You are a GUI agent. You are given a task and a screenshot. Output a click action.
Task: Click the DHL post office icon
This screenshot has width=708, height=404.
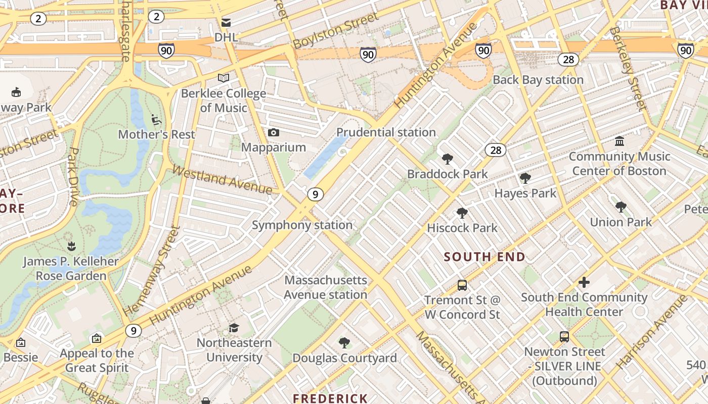[226, 22]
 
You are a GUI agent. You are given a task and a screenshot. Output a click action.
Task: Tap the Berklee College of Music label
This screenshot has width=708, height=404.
[224, 100]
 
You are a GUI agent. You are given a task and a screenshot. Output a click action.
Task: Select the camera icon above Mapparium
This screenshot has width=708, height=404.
[274, 133]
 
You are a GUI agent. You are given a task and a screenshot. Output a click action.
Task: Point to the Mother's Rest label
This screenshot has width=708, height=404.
[156, 134]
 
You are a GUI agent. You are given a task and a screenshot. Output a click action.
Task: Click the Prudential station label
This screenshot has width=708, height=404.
[385, 132]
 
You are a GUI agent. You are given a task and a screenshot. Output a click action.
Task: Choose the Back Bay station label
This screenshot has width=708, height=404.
[538, 80]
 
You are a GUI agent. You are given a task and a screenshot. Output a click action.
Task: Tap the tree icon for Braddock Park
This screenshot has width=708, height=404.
[447, 160]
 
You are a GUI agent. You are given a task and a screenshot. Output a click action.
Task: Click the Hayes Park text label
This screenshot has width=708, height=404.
[525, 193]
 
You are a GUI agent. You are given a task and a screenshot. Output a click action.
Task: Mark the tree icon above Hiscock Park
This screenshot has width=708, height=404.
[462, 213]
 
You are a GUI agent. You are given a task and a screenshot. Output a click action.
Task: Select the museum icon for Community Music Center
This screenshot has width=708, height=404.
[619, 141]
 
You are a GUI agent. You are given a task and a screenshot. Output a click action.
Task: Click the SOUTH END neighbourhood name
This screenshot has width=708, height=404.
[484, 257]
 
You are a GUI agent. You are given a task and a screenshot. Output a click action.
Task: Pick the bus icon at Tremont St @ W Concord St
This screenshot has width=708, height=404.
[462, 285]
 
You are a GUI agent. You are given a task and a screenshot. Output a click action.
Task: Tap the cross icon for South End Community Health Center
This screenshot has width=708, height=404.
[584, 282]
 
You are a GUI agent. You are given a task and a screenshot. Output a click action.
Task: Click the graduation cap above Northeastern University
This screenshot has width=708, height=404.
[234, 328]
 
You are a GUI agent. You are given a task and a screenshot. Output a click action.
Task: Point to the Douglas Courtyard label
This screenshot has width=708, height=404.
[344, 358]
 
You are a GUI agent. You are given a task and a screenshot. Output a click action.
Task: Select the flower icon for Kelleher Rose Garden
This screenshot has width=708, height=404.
[71, 246]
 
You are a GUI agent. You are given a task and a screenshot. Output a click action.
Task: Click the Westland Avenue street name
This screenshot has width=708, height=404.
[223, 180]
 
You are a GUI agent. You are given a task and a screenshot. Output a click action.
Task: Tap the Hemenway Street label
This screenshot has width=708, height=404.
[152, 271]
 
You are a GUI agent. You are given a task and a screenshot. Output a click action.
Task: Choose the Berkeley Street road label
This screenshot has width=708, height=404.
[628, 68]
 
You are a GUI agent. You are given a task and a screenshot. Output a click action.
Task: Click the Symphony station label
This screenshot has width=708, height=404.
[302, 225]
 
